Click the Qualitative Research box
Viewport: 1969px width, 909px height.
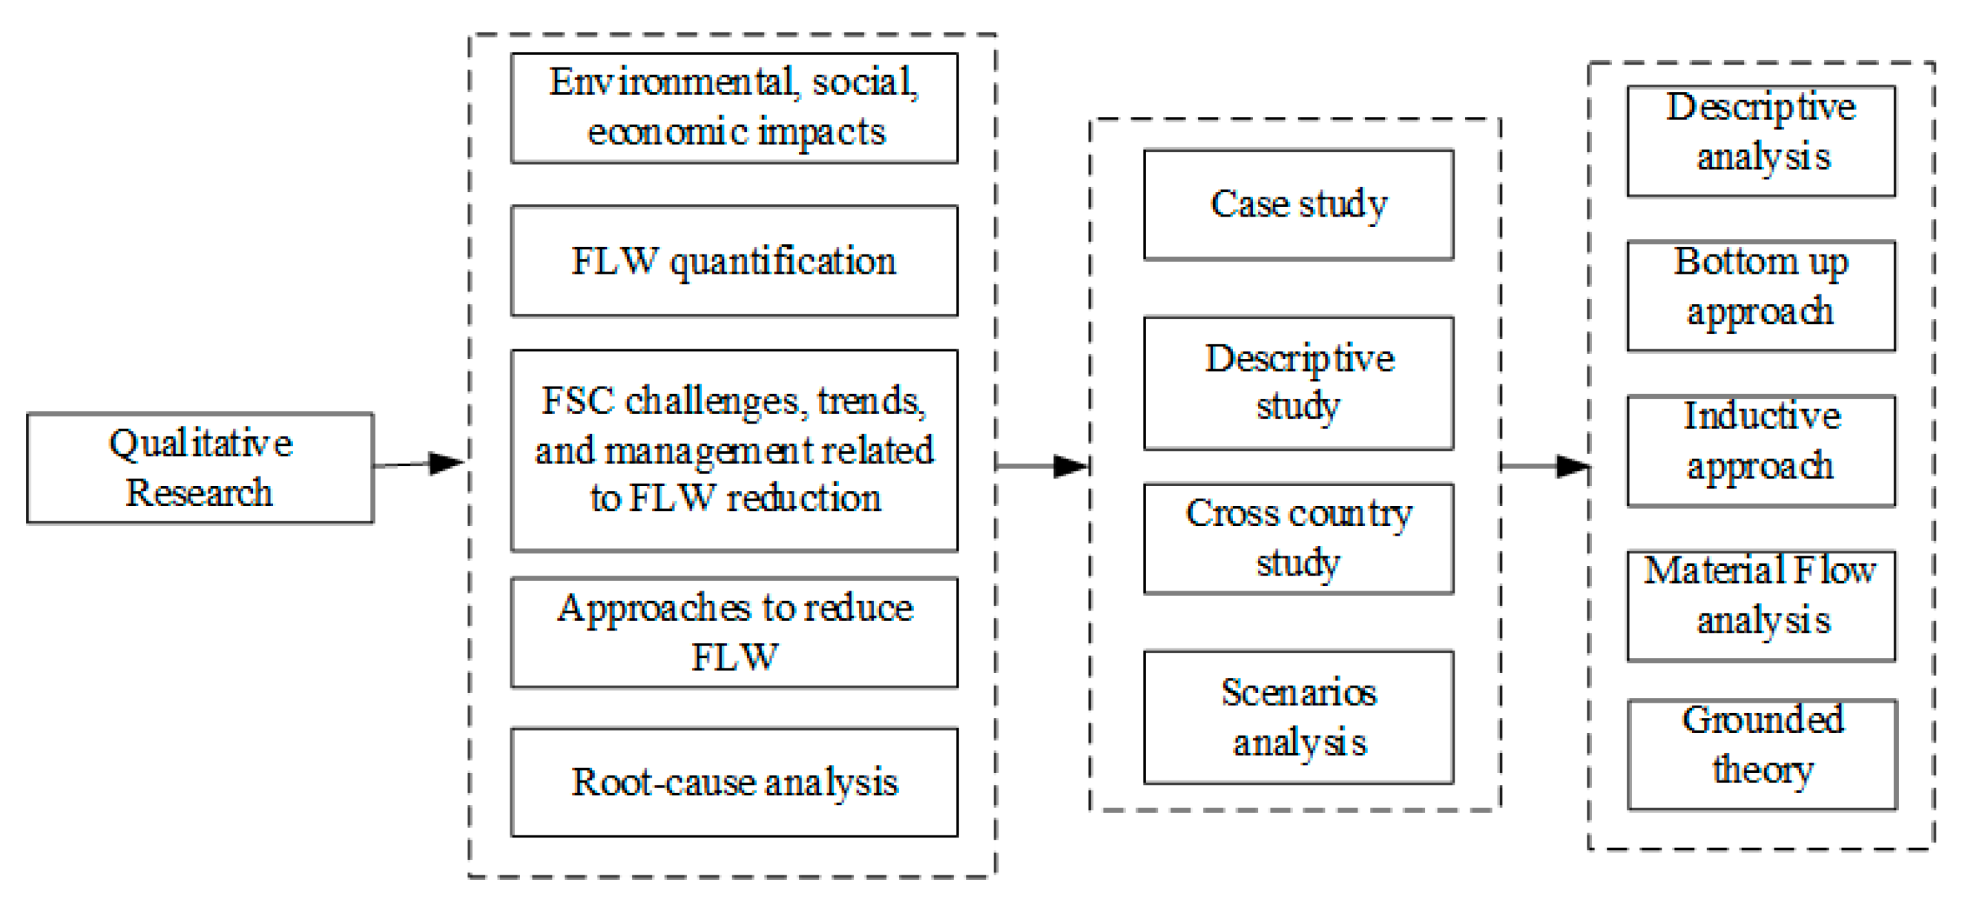(x=199, y=468)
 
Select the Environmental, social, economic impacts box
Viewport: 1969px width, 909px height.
(x=734, y=108)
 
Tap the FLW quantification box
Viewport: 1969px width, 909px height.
(x=734, y=261)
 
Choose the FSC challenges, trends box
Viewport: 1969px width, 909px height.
(x=734, y=450)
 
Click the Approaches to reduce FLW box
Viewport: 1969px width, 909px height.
(x=734, y=633)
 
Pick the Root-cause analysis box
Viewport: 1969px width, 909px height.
(x=734, y=782)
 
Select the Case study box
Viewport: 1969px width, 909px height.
(x=1298, y=205)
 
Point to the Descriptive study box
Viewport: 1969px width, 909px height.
(x=1298, y=383)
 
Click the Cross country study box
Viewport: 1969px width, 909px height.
(x=1298, y=538)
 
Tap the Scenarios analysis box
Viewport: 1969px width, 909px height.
(x=1298, y=717)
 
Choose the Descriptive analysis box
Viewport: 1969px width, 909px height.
(x=1761, y=141)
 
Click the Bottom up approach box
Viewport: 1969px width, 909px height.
(x=1761, y=296)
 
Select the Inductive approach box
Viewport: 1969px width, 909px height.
(x=1761, y=450)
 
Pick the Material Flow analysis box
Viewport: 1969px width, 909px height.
(x=1761, y=606)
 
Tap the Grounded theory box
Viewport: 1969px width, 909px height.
(x=1761, y=754)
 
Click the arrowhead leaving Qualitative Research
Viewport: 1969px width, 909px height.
(x=447, y=463)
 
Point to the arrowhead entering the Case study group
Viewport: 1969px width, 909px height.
(x=1070, y=466)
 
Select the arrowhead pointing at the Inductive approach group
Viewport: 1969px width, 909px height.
(x=1573, y=466)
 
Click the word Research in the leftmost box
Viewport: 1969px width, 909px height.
(x=199, y=492)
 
